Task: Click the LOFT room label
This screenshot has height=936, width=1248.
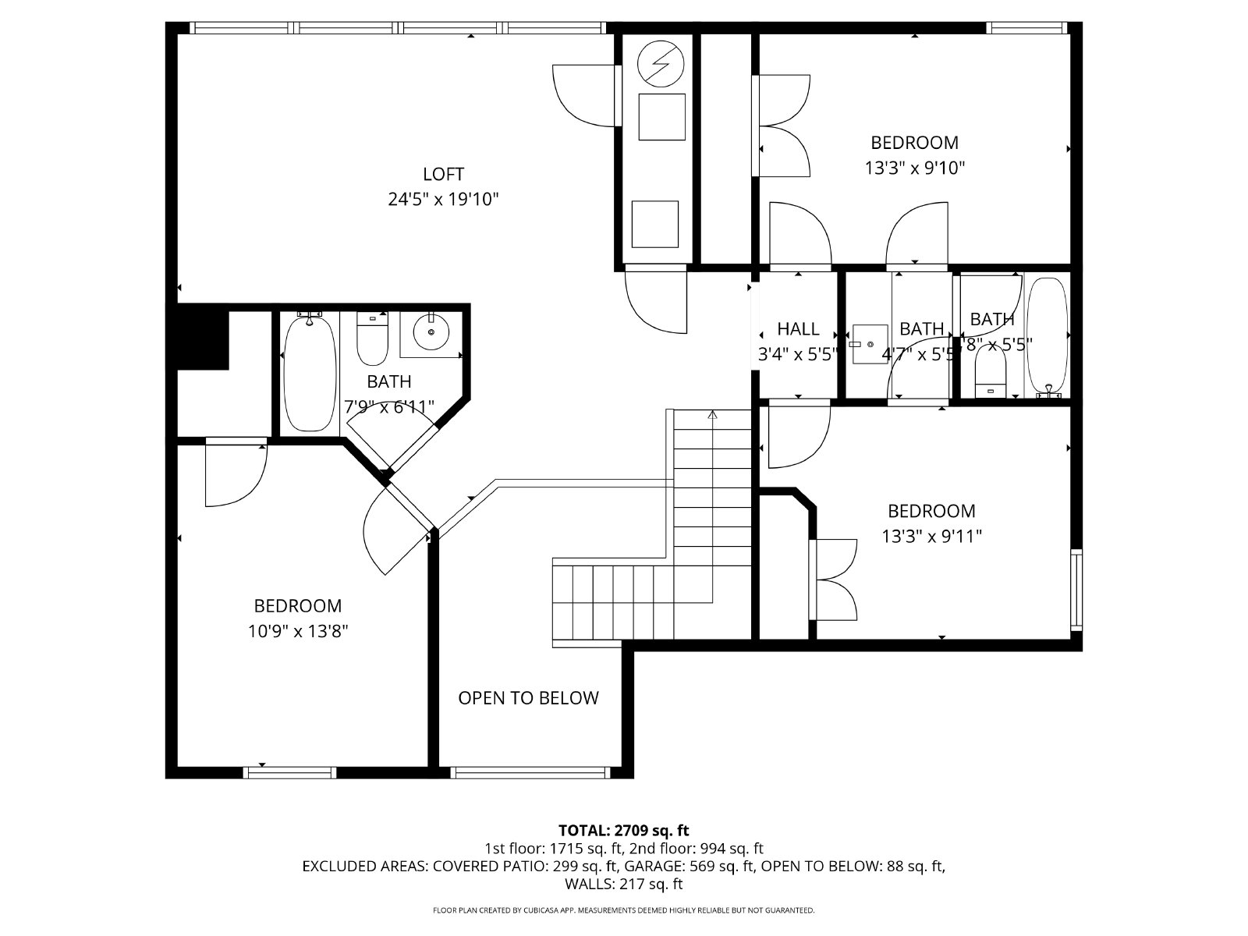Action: pos(443,174)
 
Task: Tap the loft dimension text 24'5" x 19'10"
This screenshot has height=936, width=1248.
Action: pos(443,200)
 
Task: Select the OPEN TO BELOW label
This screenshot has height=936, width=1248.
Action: pos(528,698)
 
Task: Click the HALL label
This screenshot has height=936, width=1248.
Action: pos(798,328)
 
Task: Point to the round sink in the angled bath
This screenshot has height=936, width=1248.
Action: pos(431,333)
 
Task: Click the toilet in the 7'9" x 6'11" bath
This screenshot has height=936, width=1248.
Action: pos(372,339)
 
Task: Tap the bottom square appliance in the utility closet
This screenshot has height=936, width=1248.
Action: pos(654,224)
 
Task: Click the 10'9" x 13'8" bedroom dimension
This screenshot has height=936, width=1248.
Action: pos(297,631)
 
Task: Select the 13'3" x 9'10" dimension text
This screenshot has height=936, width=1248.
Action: pos(914,168)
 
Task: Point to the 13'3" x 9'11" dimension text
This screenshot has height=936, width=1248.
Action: pos(931,537)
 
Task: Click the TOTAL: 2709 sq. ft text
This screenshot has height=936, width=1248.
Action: pos(623,830)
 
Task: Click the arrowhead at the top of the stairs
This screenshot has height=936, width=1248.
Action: pos(712,416)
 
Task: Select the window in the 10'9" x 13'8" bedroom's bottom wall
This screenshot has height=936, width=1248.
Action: pos(289,772)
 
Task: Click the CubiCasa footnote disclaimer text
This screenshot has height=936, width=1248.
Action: pos(623,910)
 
